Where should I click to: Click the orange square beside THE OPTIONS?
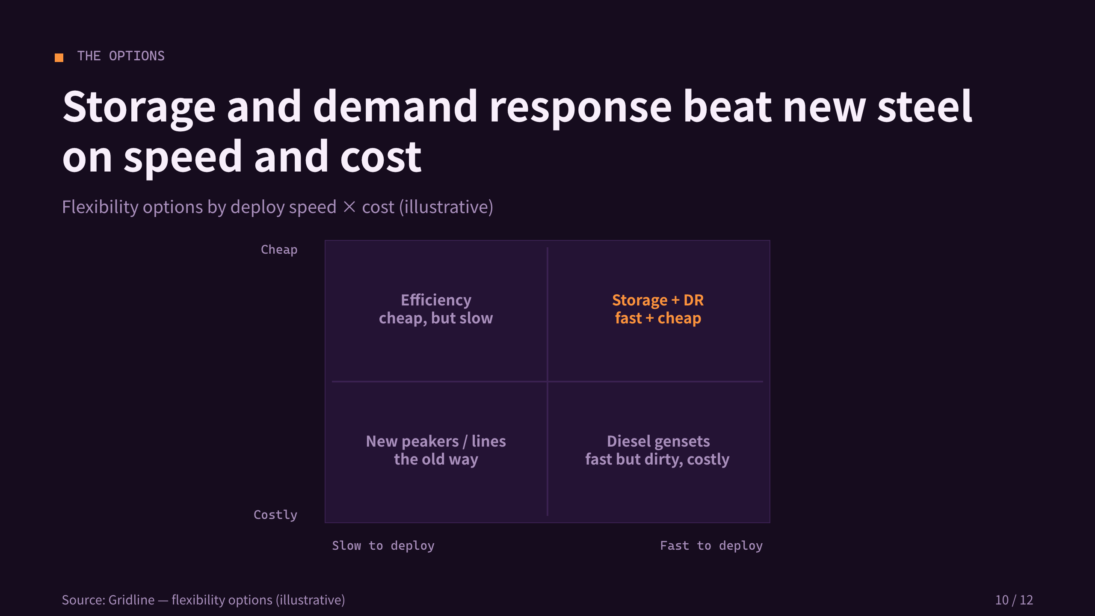coord(59,58)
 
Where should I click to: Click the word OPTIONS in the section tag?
coord(137,56)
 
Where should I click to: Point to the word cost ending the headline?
coord(381,157)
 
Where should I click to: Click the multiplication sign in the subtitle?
coord(349,207)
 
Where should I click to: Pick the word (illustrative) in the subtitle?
coord(446,207)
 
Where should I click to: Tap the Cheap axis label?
coord(279,249)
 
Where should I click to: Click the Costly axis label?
coord(275,515)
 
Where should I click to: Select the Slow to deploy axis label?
coord(383,545)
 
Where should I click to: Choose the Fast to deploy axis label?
coord(711,545)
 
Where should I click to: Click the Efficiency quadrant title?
coord(436,300)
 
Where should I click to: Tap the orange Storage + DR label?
coord(658,300)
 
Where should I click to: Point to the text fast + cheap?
coord(658,318)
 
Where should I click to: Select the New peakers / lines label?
coord(436,441)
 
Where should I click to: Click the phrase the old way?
coord(436,459)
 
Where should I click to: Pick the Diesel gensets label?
coord(658,441)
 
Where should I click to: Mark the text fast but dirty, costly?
coord(657,459)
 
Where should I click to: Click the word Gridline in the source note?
coord(132,600)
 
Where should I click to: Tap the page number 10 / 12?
coord(1014,600)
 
